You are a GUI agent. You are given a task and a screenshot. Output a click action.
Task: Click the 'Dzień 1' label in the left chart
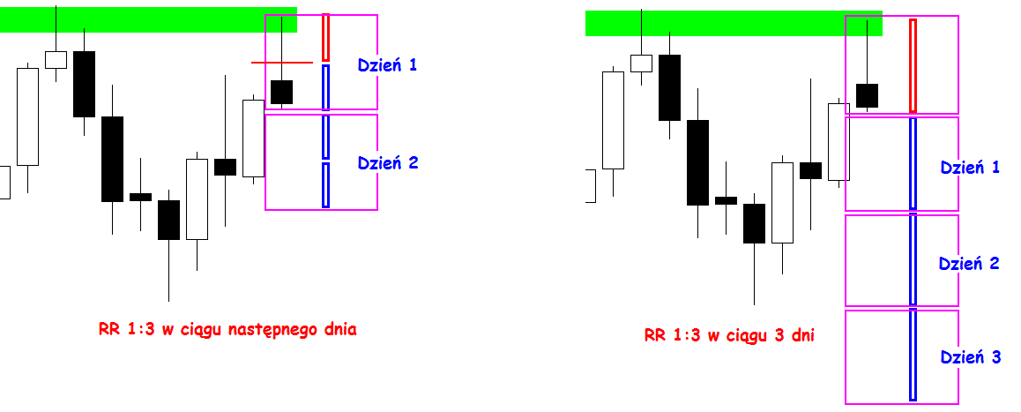(386, 64)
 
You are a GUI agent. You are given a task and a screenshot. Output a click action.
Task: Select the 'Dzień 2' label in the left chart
(386, 162)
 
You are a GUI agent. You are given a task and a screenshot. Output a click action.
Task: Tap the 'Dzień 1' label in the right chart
(970, 167)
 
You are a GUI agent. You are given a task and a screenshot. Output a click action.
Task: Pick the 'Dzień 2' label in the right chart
(969, 263)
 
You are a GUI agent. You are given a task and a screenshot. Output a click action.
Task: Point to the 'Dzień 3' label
(970, 357)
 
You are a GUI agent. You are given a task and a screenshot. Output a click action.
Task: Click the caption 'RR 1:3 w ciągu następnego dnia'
(227, 330)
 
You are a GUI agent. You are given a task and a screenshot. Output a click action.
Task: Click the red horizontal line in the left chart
(282, 63)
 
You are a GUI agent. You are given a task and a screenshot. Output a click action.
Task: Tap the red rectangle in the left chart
(325, 37)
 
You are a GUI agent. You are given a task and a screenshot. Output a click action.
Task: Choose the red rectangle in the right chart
(913, 65)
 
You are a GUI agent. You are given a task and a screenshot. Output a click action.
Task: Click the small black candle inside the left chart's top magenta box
(281, 92)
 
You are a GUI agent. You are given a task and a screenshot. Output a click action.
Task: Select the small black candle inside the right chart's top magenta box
(868, 95)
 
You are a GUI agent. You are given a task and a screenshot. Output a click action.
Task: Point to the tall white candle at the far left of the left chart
(28, 116)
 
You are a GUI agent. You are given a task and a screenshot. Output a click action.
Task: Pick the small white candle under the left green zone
(56, 59)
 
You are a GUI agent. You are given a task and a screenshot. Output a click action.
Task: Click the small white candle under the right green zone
(641, 64)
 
